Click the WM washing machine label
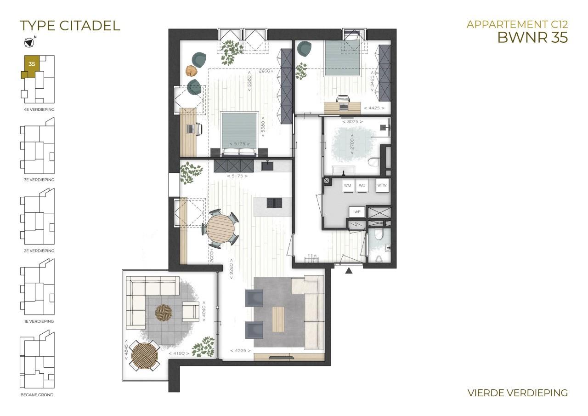coord(348,185)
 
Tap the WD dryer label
coord(362,185)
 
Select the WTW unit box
coord(382,185)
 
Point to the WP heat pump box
coord(357,211)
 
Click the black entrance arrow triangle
coord(349,270)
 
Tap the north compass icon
coord(29,42)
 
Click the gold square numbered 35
coord(32,64)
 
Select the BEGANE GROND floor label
coord(37,395)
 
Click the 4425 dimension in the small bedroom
coord(374,108)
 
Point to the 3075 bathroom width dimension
coord(352,122)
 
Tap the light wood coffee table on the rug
coord(278,319)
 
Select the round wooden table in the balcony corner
coord(145,356)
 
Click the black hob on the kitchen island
coord(274,203)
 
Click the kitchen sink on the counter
coord(267,166)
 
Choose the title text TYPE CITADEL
coord(70,26)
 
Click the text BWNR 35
coord(532,37)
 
